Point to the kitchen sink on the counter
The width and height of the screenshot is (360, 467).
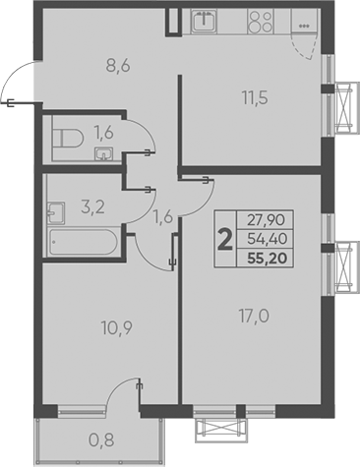[x=208, y=21]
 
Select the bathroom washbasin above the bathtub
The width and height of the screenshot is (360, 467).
[x=55, y=208]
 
